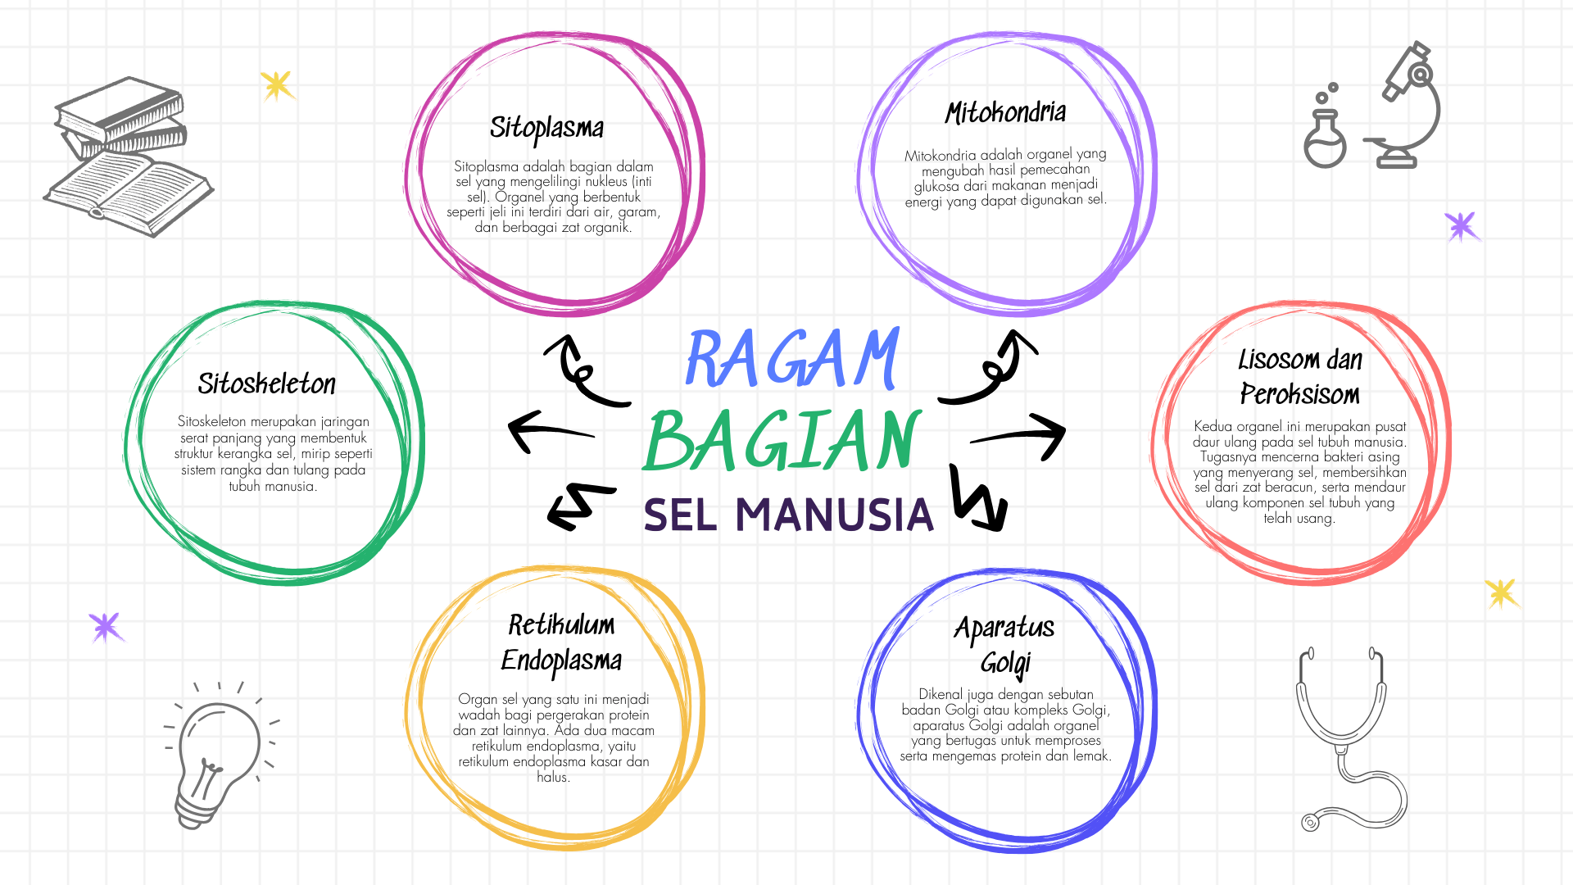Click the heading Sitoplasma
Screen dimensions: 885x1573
pyautogui.click(x=546, y=128)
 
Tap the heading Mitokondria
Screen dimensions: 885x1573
pyautogui.click(x=1005, y=113)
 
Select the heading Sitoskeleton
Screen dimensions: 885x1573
pyautogui.click(x=267, y=383)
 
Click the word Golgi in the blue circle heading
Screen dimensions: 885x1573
pyautogui.click(x=1006, y=662)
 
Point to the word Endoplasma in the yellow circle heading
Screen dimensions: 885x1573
pyautogui.click(x=561, y=660)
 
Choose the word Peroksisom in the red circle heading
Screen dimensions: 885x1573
pyautogui.click(x=1299, y=394)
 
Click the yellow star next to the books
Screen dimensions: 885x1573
pyautogui.click(x=277, y=84)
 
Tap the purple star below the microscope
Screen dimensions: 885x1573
pyautogui.click(x=1461, y=225)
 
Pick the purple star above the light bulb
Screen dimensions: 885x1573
pyautogui.click(x=106, y=627)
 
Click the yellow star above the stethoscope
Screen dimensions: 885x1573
pyautogui.click(x=1502, y=593)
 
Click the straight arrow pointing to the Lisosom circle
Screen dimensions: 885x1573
pyautogui.click(x=1020, y=434)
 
